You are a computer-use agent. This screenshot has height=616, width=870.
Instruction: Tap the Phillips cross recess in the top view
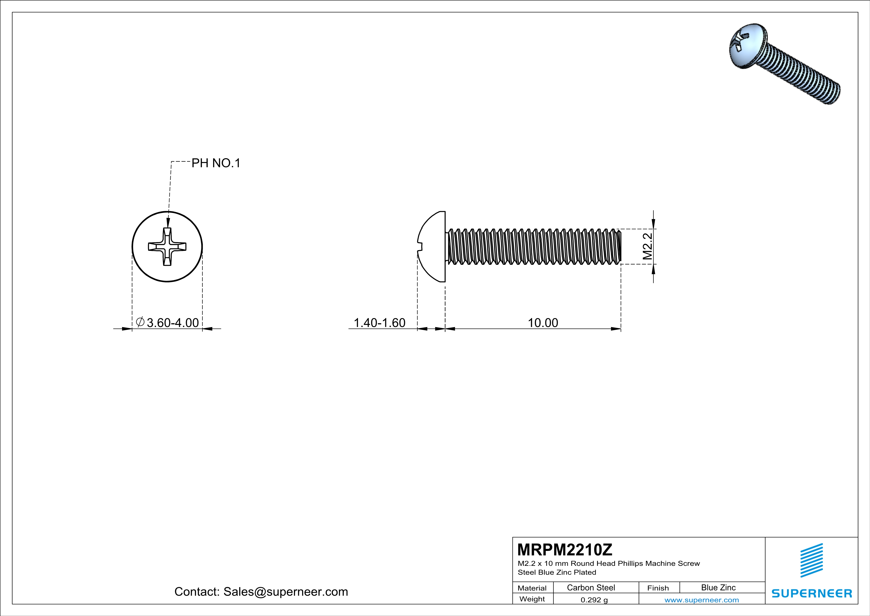tap(167, 247)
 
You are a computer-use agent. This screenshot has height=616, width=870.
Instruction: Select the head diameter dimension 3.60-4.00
tap(172, 323)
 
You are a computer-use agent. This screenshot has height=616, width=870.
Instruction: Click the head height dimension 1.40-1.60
tap(379, 323)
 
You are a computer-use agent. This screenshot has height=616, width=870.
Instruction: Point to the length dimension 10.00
tap(543, 323)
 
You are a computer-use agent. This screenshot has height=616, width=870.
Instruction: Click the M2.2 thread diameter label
tap(647, 246)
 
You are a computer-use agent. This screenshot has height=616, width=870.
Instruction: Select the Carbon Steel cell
tap(591, 587)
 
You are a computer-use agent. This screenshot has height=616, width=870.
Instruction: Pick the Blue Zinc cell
tap(718, 587)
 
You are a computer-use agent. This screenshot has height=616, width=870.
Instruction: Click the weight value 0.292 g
tap(594, 600)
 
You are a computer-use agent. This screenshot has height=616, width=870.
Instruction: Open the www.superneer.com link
tap(701, 600)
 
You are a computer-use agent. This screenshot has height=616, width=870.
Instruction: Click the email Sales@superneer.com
tap(285, 592)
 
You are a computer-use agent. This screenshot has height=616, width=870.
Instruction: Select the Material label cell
tap(532, 588)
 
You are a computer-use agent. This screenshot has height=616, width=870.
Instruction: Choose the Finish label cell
tap(658, 588)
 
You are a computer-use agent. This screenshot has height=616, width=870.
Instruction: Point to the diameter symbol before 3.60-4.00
tap(139, 322)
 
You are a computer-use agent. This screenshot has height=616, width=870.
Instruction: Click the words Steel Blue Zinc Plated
tap(557, 572)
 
